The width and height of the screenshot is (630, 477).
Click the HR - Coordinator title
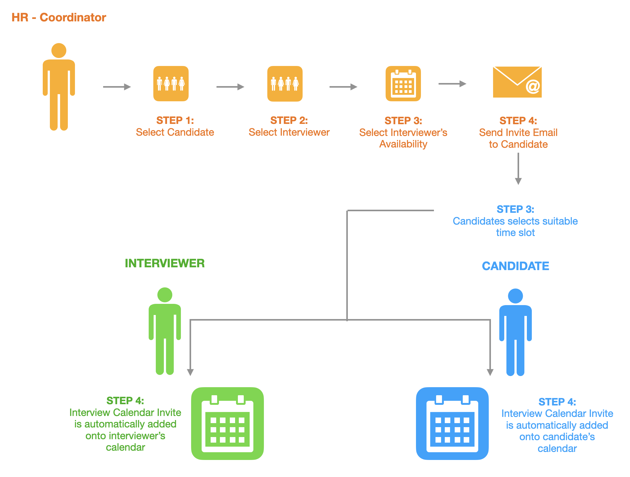pyautogui.click(x=59, y=17)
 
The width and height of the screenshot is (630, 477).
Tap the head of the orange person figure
pyautogui.click(x=59, y=50)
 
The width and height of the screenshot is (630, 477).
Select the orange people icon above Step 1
pyautogui.click(x=171, y=84)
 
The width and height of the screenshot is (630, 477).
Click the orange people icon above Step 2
pyautogui.click(x=285, y=84)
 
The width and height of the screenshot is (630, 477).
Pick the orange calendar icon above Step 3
pyautogui.click(x=403, y=84)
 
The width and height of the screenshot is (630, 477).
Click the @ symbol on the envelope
pyautogui.click(x=533, y=86)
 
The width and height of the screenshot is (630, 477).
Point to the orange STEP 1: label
pyautogui.click(x=175, y=120)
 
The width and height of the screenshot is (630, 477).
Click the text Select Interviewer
pyautogui.click(x=289, y=132)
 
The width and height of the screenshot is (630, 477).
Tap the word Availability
pyautogui.click(x=403, y=144)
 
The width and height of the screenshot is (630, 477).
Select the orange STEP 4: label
pyautogui.click(x=518, y=120)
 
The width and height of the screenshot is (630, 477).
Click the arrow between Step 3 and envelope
pyautogui.click(x=452, y=84)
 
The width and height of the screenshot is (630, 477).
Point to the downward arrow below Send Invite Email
pyautogui.click(x=518, y=169)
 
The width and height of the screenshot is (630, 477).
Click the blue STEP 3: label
pyautogui.click(x=515, y=209)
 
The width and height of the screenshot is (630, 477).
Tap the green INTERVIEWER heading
pyautogui.click(x=165, y=263)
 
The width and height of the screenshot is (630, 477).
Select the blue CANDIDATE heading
pyautogui.click(x=515, y=266)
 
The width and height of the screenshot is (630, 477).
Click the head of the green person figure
pyautogui.click(x=165, y=295)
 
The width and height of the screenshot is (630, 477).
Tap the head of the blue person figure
pyautogui.click(x=515, y=296)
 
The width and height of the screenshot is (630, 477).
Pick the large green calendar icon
pyautogui.click(x=227, y=423)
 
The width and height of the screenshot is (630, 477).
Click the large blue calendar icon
pyautogui.click(x=452, y=423)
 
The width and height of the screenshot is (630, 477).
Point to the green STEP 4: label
pyautogui.click(x=125, y=401)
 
